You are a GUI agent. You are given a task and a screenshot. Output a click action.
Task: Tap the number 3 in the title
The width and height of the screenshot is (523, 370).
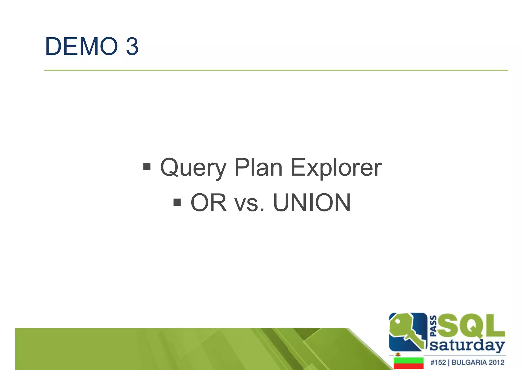pos(132,47)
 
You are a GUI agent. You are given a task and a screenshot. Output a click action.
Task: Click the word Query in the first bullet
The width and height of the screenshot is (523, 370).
pos(193,168)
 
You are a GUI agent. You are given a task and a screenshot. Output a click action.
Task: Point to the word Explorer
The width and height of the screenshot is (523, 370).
pos(336,168)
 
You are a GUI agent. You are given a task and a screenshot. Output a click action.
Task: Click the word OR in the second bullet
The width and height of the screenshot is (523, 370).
pos(208,203)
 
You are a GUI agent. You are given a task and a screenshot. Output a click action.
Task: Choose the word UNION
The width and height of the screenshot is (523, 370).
pos(312,203)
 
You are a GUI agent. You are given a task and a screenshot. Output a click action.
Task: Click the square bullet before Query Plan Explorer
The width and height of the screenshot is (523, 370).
pos(147,167)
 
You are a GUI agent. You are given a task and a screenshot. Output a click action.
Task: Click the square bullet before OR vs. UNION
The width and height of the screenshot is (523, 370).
pos(177,202)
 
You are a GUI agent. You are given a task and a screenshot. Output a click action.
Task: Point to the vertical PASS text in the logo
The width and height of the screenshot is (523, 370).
pos(433,326)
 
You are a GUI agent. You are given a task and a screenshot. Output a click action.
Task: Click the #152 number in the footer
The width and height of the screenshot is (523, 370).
pos(438,362)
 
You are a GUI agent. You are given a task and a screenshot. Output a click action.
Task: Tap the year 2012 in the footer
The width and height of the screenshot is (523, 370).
pos(497,362)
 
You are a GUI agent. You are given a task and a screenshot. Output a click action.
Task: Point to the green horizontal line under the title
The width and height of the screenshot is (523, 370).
pos(276,70)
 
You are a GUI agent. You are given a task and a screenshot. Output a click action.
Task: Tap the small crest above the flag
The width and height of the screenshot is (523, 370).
pos(398,354)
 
